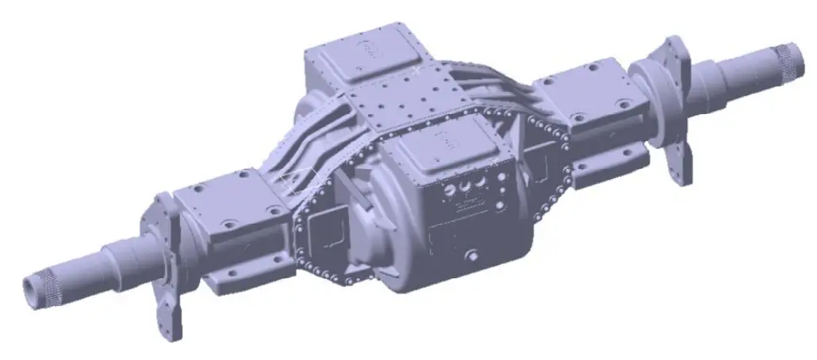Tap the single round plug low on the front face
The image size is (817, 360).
(x=471, y=255)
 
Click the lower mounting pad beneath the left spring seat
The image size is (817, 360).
(x=238, y=274)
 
